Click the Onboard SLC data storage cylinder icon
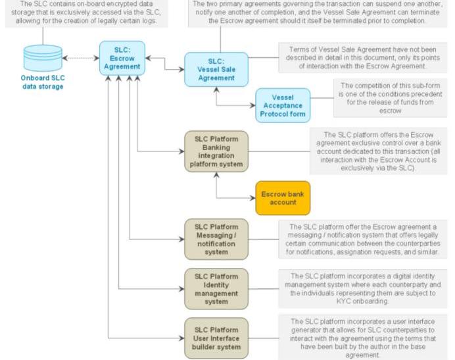[x=43, y=59]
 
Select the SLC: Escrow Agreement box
[x=122, y=57]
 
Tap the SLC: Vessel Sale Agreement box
[x=216, y=69]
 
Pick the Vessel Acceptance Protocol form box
[x=282, y=105]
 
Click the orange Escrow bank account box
[x=282, y=197]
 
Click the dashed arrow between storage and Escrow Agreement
[x=82, y=58]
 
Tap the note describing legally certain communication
[x=364, y=238]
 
